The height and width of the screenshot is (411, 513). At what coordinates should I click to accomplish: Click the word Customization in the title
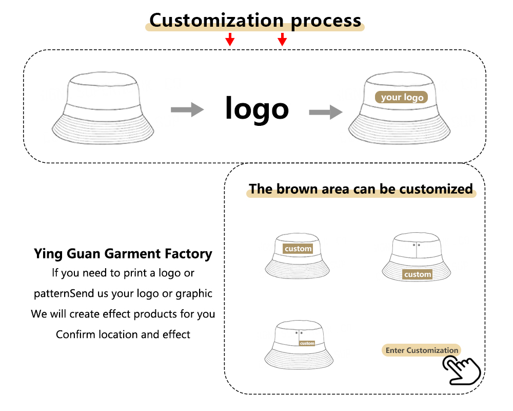click(x=216, y=21)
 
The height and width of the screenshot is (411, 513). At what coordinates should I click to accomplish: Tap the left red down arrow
click(x=230, y=39)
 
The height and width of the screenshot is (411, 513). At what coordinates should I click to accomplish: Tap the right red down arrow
click(x=282, y=39)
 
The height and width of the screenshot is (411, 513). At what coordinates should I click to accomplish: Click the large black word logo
click(x=257, y=108)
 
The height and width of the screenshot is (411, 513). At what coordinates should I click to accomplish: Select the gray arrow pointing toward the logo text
click(x=187, y=109)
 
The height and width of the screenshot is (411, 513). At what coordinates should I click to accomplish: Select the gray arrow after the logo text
click(x=325, y=111)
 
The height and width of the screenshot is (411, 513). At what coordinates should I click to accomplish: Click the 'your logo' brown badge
click(x=402, y=97)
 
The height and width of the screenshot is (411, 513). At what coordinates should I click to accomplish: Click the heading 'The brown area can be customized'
click(x=361, y=189)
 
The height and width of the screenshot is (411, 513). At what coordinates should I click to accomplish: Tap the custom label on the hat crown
click(x=298, y=249)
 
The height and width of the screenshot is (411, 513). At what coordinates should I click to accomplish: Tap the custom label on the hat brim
click(x=418, y=274)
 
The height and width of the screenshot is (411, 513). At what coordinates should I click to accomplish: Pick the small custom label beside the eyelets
click(x=307, y=343)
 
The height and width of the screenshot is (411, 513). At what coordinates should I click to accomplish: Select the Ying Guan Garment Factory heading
click(x=123, y=254)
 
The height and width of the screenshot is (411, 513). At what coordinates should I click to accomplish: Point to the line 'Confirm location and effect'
click(x=123, y=334)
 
